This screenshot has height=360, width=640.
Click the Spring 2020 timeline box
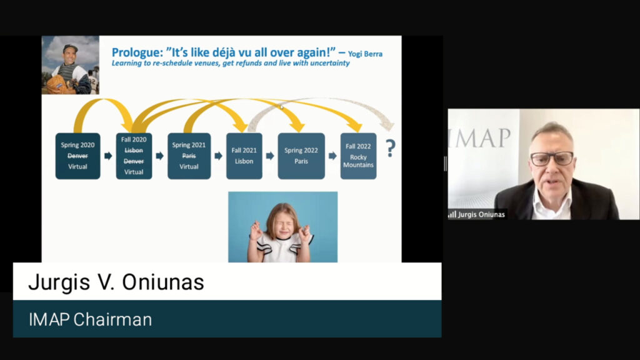77,156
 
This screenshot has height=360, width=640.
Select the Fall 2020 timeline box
134,156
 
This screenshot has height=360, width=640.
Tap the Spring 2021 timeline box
189,156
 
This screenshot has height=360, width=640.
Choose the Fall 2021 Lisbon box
244,156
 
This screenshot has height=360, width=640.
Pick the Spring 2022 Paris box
301,156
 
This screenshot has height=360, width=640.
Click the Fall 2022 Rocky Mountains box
358,156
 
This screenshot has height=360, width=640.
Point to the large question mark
391,148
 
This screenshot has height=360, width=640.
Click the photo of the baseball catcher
70,65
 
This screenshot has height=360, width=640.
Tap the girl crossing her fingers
282,227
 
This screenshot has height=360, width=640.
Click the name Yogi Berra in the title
365,54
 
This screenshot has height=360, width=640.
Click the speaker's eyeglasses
552,158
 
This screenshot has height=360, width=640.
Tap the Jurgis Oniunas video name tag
477,214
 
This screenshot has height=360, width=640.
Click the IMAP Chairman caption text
90,319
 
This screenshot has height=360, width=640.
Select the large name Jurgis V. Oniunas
116,282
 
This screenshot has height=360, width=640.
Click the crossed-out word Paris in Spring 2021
189,156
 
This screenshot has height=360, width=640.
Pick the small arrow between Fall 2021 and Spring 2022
270,156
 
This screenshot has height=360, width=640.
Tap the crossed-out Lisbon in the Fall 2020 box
134,150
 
